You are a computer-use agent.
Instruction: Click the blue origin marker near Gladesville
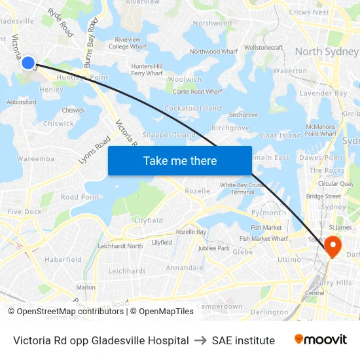pyautogui.click(x=28, y=63)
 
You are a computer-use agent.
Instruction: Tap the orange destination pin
pyautogui.click(x=333, y=247)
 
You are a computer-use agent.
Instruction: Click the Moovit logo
pyautogui.click(x=320, y=340)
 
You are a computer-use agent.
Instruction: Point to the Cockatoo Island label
pyautogui.click(x=192, y=108)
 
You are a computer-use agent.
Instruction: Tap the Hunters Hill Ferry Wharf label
pyautogui.click(x=147, y=70)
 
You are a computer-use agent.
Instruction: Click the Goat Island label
pyautogui.click(x=280, y=135)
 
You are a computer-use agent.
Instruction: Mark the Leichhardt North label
pyautogui.click(x=120, y=246)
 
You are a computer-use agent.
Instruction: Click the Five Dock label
pyautogui.click(x=24, y=211)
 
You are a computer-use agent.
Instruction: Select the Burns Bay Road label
pyautogui.click(x=92, y=39)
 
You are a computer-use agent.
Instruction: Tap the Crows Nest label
pyautogui.click(x=308, y=12)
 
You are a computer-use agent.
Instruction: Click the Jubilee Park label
pyautogui.click(x=213, y=249)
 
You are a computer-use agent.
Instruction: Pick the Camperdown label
pyautogui.click(x=219, y=306)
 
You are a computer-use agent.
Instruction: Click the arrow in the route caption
pyautogui.click(x=200, y=340)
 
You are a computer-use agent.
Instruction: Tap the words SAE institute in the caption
pyautogui.click(x=243, y=340)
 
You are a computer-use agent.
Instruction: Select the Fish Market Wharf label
pyautogui.click(x=263, y=239)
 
